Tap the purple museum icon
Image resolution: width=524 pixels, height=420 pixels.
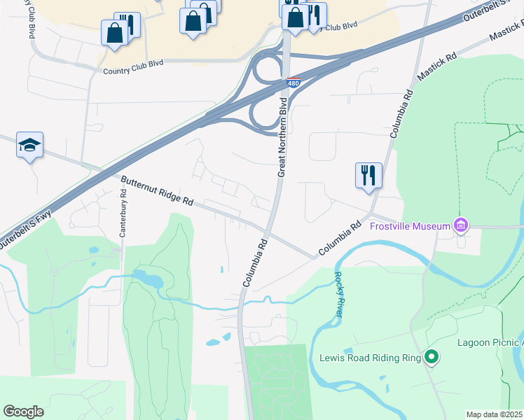460,225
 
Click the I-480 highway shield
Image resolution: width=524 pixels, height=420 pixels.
294,83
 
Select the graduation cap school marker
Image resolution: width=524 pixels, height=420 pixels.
29,145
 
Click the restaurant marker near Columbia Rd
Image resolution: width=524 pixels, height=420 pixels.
368,175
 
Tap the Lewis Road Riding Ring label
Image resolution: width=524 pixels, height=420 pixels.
370,358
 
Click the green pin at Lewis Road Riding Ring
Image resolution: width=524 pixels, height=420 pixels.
432,358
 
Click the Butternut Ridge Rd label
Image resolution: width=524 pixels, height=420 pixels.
157,190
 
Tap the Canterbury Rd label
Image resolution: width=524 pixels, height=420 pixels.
123,219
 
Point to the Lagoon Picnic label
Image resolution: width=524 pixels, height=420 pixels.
490,342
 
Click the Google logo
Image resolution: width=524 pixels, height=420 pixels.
23,412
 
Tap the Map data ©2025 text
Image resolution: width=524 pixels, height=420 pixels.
495,414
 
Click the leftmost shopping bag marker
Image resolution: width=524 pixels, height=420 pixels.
113,32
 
